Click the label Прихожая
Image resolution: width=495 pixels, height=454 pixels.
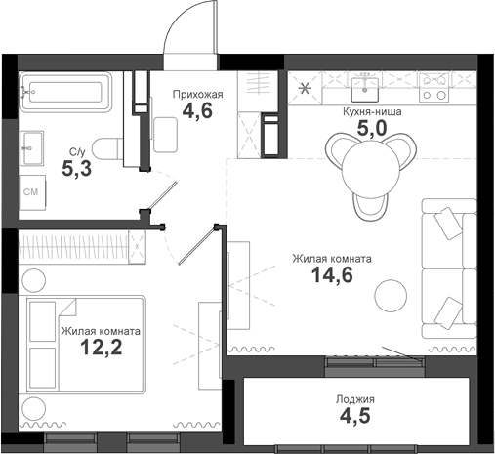pos(199,94)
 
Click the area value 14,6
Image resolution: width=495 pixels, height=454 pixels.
pos(331,276)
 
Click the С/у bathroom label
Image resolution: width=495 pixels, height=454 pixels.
pos(77,152)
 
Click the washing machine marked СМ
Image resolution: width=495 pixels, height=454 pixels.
pos(31,193)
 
